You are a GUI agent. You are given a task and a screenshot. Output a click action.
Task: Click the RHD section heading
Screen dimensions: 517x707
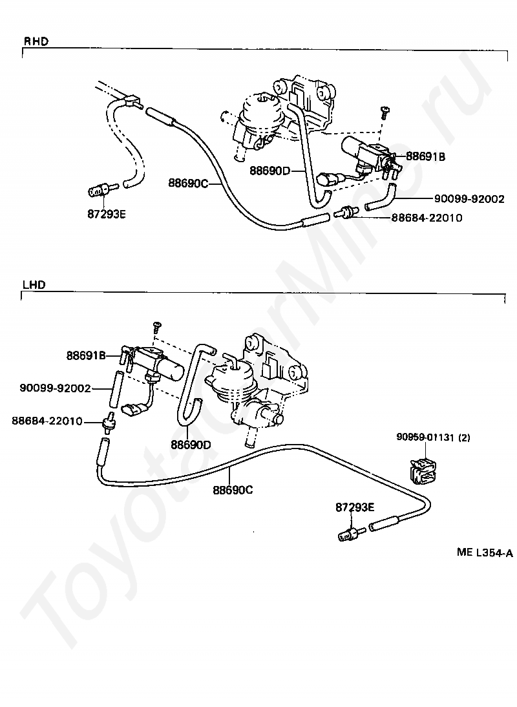(x=36, y=41)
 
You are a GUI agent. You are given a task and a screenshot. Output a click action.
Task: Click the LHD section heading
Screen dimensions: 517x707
(x=34, y=285)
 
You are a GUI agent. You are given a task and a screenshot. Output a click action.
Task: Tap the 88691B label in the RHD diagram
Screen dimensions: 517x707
(x=425, y=156)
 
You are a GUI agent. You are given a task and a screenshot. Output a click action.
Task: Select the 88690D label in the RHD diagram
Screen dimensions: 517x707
(x=270, y=171)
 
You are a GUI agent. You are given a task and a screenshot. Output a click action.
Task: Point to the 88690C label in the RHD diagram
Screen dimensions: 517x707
(x=189, y=183)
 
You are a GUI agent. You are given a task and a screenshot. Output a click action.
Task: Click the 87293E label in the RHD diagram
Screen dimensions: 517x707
(x=107, y=214)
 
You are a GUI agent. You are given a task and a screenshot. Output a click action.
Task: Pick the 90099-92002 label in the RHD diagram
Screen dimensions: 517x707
(x=469, y=199)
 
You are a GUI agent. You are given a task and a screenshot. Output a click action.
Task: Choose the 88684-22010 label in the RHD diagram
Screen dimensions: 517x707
(x=427, y=218)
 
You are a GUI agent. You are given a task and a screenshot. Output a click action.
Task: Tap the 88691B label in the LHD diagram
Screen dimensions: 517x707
(x=86, y=355)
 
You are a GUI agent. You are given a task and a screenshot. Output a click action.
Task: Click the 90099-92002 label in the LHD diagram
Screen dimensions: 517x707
(x=55, y=388)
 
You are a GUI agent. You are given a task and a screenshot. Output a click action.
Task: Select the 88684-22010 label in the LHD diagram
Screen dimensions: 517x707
(x=47, y=421)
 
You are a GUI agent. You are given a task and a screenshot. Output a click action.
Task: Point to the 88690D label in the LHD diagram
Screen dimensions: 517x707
(x=191, y=445)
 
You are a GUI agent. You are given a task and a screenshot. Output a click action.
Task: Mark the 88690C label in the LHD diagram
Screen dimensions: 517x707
(x=233, y=490)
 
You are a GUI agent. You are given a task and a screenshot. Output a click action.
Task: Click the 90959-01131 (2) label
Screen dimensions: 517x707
(x=433, y=438)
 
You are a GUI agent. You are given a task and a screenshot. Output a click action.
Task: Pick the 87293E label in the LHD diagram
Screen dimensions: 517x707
(x=355, y=507)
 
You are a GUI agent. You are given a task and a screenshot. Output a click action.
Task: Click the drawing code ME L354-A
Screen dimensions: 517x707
(x=485, y=553)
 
